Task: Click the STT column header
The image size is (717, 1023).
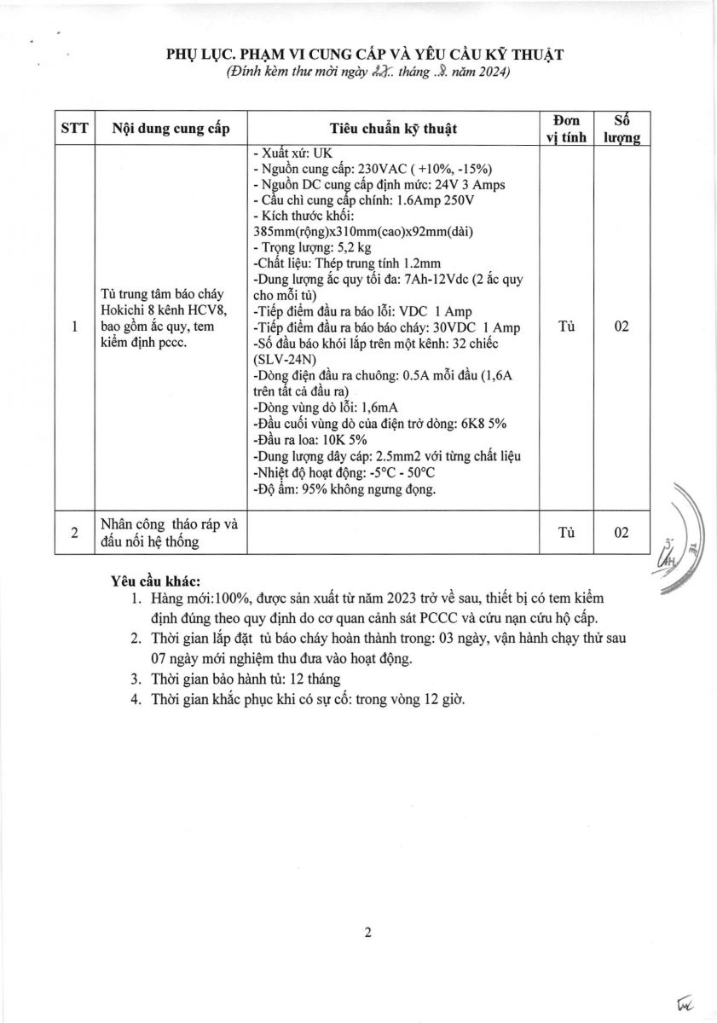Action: click(74, 129)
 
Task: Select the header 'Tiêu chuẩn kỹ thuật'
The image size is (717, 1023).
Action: click(393, 129)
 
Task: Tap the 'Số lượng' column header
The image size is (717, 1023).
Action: click(622, 129)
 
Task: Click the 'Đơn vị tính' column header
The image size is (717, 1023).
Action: click(565, 129)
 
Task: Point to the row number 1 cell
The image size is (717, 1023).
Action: click(74, 327)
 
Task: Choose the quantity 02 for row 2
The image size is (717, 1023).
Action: click(622, 533)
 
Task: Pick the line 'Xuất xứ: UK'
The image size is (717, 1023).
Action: click(292, 153)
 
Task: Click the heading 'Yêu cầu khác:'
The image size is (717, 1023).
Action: click(155, 581)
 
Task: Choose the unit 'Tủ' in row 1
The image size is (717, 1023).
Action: click(565, 327)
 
